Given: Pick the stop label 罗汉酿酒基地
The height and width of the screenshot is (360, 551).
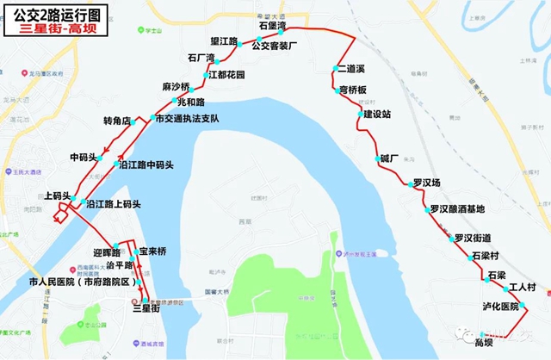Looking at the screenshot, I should click(457, 209).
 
